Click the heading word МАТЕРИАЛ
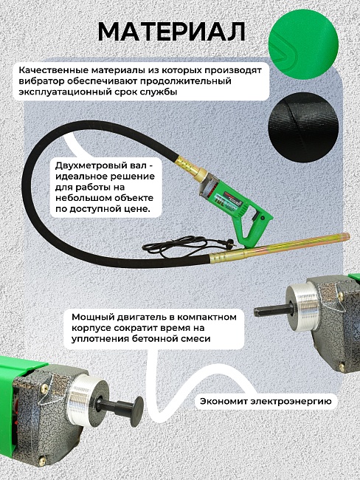coord(172,32)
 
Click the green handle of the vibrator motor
coord(252,216)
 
